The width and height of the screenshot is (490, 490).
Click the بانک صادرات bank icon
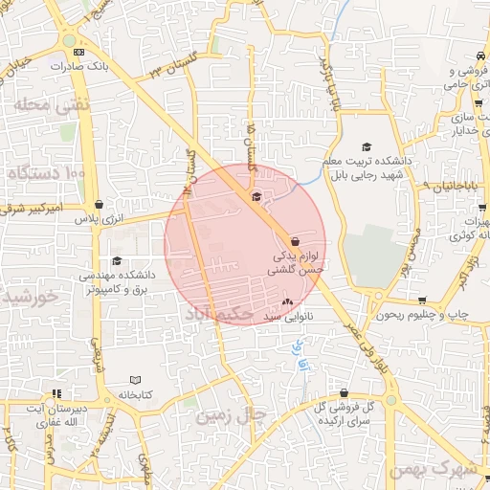pos(78,52)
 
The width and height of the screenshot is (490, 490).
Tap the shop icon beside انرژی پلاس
pos(100,204)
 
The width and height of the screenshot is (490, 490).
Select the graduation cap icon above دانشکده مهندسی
pos(117,260)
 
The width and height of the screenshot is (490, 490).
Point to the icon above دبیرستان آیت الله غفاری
pos(57,392)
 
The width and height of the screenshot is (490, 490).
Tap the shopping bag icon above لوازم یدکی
pos(294,241)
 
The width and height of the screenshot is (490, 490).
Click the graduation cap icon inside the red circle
pos(256,197)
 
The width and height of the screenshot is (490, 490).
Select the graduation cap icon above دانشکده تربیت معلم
pos(366,146)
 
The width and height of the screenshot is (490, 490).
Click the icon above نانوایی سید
pos(287,302)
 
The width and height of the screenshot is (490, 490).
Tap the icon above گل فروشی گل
pos(344,392)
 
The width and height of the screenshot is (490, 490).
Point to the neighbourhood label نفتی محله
pos(51,103)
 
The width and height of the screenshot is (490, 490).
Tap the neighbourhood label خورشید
pos(29,297)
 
